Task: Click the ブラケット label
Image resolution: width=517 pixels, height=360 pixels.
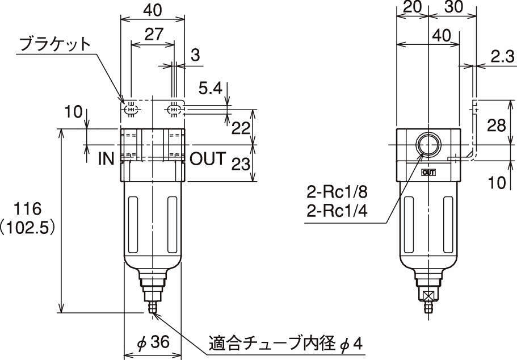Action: coord(54,44)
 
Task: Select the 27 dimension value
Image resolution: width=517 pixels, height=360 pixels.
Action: coord(154,34)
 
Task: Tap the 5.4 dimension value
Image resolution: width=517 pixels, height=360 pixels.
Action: coord(211,89)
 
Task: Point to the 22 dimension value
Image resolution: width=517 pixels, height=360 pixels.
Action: coord(241,128)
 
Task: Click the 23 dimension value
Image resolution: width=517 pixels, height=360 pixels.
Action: coord(241,164)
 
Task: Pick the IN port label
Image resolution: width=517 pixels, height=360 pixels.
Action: coord(106,159)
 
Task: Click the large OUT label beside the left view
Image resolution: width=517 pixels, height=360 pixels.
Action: coord(208,159)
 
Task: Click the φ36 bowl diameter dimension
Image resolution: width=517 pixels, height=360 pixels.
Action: coord(153,342)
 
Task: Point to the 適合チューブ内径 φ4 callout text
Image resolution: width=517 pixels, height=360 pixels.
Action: coord(285,344)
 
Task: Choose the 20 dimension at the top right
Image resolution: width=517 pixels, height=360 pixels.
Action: coord(412,7)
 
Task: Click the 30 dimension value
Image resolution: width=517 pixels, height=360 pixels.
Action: coord(453,7)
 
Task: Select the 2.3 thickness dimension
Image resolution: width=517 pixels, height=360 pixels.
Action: coord(502,57)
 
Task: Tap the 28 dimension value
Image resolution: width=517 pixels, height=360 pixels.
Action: coord(497,125)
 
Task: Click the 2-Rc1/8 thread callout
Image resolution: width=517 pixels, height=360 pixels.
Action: coord(337,192)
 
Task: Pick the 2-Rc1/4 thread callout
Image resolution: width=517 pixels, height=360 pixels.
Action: coord(337,211)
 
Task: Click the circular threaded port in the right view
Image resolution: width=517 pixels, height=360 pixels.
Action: coord(428,145)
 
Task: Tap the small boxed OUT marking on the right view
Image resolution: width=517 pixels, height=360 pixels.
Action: coord(428,172)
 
